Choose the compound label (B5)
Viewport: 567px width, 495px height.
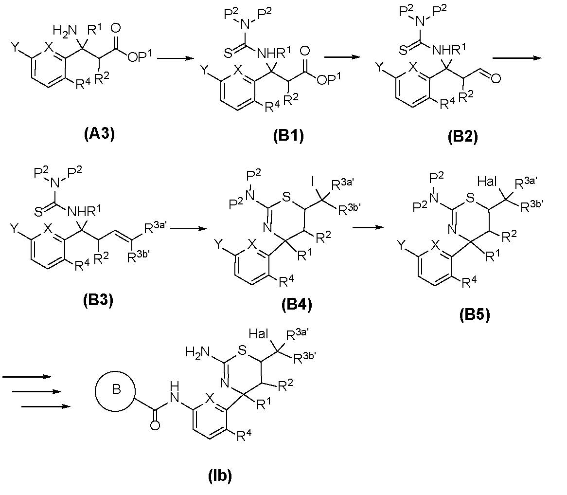click(474, 316)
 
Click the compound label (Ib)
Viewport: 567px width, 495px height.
click(217, 476)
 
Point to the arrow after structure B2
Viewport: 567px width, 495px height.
click(517, 58)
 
